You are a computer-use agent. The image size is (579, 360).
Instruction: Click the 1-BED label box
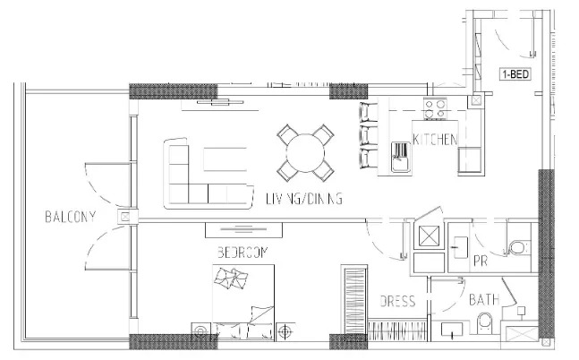(x=515, y=74)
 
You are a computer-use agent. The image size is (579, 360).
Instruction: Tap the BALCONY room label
(x=71, y=217)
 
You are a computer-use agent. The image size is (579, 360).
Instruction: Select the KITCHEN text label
(x=435, y=140)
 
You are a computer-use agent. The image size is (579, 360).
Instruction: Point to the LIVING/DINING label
(x=304, y=199)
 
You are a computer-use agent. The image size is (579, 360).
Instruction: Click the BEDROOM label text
(x=243, y=253)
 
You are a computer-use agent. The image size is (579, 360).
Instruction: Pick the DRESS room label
(x=397, y=301)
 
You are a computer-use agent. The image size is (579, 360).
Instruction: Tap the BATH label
(x=484, y=299)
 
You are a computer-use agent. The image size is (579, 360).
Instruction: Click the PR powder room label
(x=480, y=261)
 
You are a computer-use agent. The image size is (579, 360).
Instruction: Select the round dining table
(x=305, y=153)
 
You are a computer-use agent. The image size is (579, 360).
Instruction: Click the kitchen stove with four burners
(x=435, y=108)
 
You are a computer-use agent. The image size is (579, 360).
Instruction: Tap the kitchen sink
(x=402, y=157)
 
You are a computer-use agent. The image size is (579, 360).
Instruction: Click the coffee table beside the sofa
(x=225, y=159)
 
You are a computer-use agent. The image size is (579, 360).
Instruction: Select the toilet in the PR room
(x=519, y=248)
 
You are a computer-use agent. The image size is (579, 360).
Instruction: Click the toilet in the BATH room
(x=484, y=323)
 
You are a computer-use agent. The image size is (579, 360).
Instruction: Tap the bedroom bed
(x=243, y=302)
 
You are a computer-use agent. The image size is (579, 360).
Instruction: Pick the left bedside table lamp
(x=201, y=331)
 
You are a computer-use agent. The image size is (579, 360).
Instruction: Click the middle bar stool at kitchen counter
(x=369, y=135)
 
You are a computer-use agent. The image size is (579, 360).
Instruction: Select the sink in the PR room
(x=459, y=247)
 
